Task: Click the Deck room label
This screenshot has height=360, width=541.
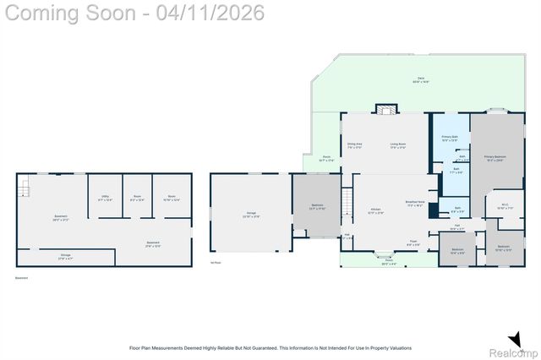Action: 420,80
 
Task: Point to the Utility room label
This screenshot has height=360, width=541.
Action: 105,199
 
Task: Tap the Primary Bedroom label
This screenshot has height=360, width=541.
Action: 494,158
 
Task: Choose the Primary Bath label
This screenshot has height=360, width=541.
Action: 450,139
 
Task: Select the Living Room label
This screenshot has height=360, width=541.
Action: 398,145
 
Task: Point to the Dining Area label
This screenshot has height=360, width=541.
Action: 354,145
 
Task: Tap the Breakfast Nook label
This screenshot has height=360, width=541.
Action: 414,204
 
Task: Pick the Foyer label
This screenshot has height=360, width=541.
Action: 413,243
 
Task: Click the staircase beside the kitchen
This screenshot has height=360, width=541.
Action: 346,201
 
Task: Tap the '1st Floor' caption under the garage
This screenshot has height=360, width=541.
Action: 215,263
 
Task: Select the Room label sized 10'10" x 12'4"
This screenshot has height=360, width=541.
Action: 165,199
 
